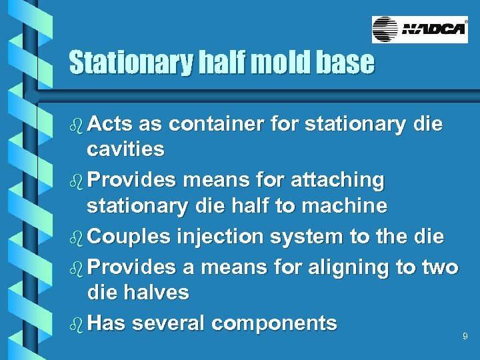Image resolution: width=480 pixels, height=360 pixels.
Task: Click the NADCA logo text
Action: pos(433,30)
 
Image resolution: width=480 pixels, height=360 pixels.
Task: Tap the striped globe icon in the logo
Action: pos(385,30)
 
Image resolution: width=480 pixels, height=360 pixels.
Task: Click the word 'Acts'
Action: pos(109,124)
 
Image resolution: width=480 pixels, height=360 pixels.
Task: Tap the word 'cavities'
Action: pos(125,149)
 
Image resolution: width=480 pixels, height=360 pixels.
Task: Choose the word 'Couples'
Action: pos(126,237)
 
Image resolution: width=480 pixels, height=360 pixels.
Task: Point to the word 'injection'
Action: pos(211,237)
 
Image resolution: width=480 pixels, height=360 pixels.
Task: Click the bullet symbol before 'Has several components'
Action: pos(76,323)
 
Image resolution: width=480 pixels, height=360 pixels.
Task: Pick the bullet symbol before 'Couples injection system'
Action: pos(76,237)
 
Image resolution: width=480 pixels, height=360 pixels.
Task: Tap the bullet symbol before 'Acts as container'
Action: pos(76,124)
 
